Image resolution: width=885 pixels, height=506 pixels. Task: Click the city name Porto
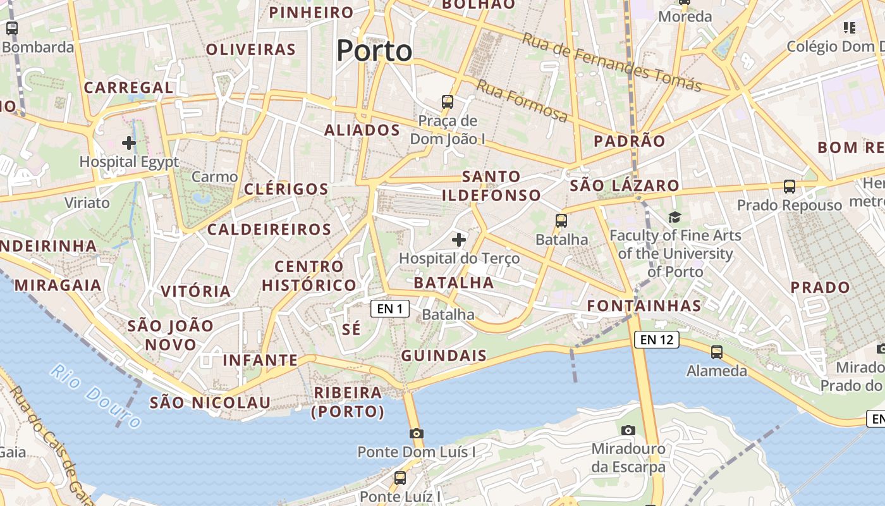point(374,51)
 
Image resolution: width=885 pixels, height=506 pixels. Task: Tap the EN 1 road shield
point(390,309)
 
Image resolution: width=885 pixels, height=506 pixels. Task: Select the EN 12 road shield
point(657,340)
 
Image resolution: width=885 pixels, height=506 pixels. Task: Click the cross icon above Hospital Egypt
point(129,143)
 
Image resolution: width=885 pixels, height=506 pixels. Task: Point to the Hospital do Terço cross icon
point(459,240)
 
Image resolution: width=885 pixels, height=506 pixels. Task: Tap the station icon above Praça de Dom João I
point(448,101)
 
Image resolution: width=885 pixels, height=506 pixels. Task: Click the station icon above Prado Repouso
point(790,187)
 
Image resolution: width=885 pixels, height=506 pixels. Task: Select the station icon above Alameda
point(717,352)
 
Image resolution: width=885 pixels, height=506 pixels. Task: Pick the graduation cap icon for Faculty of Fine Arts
point(675,217)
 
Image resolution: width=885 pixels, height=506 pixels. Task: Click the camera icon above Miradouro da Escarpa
point(628,431)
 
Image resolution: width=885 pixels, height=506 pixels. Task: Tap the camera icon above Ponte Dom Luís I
point(416,433)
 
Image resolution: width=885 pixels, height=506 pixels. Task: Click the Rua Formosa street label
point(522,101)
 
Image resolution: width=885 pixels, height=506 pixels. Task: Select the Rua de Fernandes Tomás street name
point(611,62)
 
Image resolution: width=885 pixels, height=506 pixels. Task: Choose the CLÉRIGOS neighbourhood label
point(286,189)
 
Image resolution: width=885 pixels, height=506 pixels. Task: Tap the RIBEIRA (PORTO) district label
point(348,402)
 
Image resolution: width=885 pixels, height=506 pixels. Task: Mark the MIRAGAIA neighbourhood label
point(58,285)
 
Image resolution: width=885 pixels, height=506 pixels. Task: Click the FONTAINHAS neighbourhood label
point(644,306)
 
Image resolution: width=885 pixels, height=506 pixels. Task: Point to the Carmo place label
point(214,176)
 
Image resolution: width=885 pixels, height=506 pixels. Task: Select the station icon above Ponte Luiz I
point(400,478)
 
